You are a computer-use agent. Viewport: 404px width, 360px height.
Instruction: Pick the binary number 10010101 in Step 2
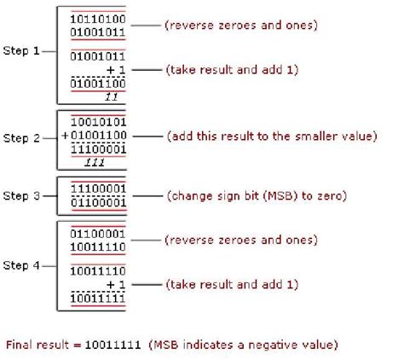point(99,120)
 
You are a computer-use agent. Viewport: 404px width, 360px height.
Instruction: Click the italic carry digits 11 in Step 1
point(110,96)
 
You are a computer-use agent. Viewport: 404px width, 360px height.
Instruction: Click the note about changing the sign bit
point(257,195)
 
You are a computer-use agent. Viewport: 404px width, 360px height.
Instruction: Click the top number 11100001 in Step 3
point(97,188)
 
